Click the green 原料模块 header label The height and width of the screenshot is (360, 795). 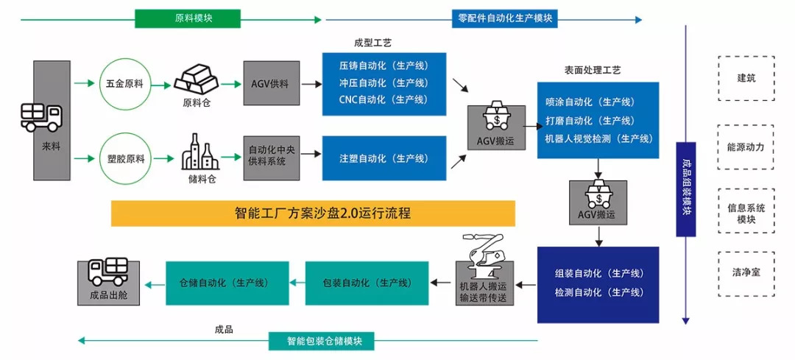pos(177,18)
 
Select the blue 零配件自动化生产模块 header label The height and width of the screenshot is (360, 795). pos(505,18)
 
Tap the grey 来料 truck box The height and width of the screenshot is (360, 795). pos(52,121)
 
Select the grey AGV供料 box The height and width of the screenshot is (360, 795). pos(271,84)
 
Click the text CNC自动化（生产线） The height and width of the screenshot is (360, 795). pos(384,99)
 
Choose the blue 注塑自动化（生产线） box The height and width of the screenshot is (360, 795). pos(384,158)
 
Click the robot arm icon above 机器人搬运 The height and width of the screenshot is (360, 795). pos(483,254)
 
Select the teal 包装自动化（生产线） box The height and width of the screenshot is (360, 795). pos(366,283)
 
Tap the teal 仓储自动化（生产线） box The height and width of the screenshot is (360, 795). pos(225,283)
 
